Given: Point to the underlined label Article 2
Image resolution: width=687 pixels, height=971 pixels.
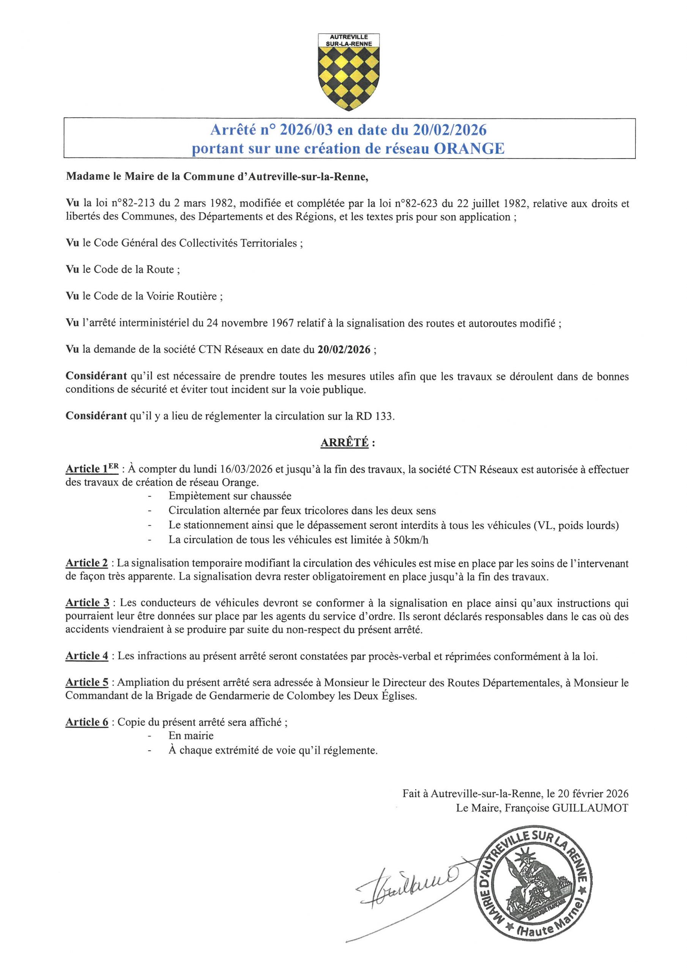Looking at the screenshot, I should click(87, 563).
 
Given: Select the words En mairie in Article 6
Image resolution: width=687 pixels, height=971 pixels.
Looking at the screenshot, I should click(191, 735).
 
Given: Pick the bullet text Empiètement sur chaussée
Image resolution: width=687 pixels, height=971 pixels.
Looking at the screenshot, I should click(230, 496).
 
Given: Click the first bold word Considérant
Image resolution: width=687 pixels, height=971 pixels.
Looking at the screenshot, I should click(96, 376).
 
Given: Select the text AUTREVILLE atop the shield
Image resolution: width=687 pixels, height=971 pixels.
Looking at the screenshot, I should click(349, 37).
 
